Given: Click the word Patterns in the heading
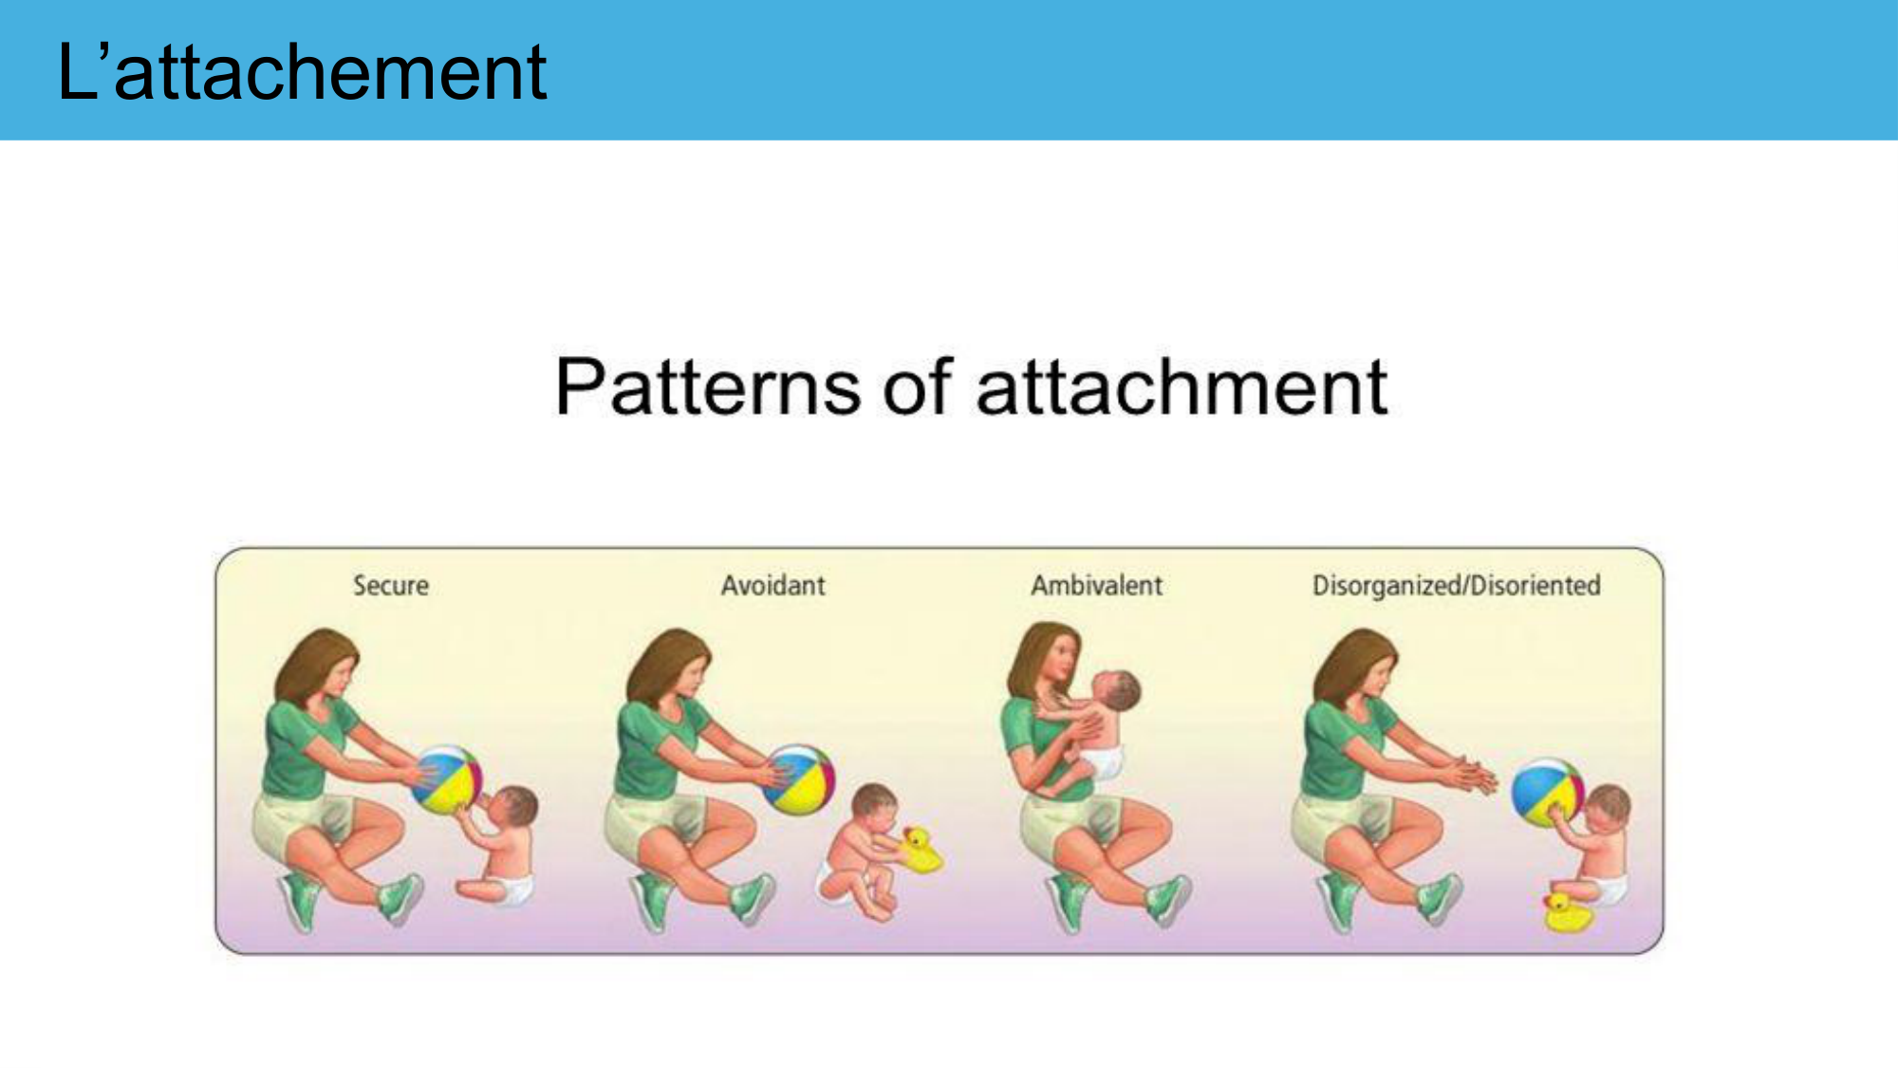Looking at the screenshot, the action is coord(708,386).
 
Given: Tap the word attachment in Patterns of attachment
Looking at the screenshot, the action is coord(1182,386).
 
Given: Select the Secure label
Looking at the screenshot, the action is coord(391,586).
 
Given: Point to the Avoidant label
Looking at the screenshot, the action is coord(772,586).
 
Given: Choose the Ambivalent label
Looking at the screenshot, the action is coord(1096,586).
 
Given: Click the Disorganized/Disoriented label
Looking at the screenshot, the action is coord(1456,587).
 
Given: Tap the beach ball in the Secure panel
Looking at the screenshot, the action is coord(447,779).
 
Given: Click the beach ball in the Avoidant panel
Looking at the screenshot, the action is coord(799,779).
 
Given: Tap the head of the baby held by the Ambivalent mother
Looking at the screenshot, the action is coord(1116,690).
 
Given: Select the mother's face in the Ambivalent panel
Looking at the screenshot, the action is coord(1064,654).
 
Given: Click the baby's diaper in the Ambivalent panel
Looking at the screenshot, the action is coord(1104,760).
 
